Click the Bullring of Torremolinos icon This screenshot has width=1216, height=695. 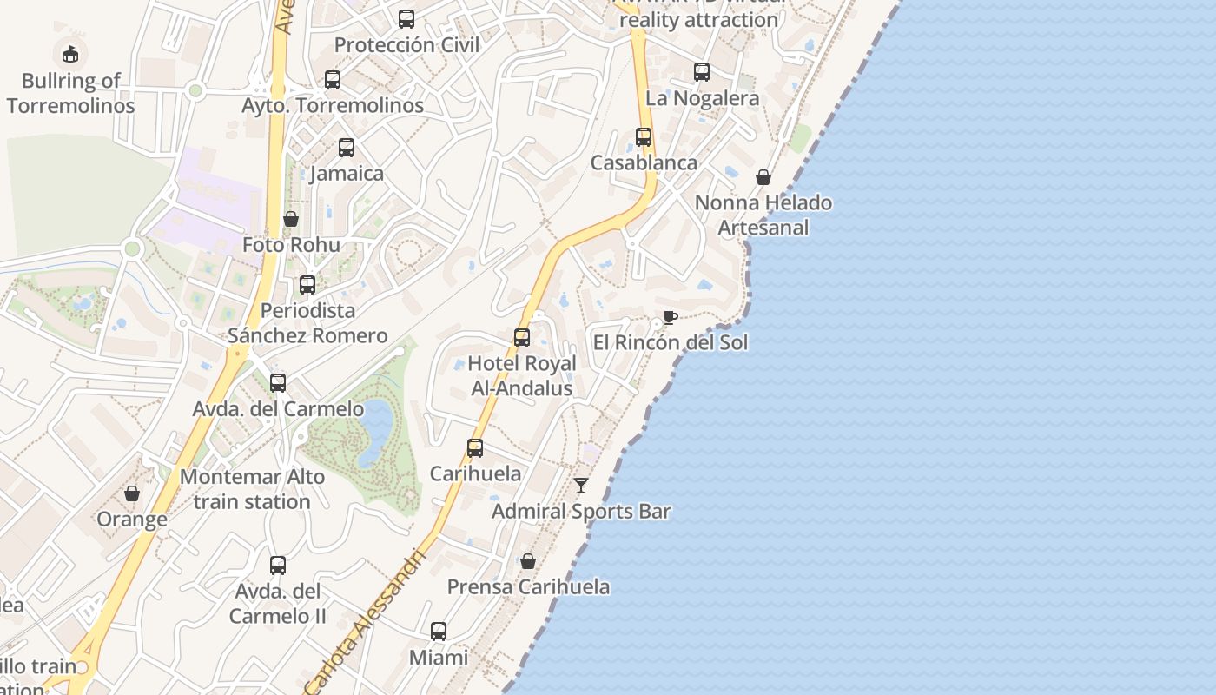click(69, 54)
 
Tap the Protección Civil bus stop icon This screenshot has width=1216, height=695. click(406, 18)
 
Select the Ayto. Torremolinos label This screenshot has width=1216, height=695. click(333, 105)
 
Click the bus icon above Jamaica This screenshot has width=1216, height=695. click(347, 148)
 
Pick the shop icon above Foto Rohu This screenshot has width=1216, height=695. click(291, 219)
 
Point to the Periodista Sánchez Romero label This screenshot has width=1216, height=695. click(307, 323)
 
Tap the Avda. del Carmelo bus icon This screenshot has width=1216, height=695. click(278, 382)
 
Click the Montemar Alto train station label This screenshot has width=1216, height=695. click(252, 489)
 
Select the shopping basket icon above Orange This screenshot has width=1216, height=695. click(132, 493)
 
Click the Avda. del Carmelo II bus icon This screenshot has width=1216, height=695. click(278, 566)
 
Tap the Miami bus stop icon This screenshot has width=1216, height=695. click(439, 632)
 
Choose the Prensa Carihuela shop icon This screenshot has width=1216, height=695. click(528, 561)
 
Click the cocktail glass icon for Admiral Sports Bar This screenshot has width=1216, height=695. click(581, 486)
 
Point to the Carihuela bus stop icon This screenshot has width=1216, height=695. click(475, 448)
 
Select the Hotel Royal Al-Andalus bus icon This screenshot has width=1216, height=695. click(522, 338)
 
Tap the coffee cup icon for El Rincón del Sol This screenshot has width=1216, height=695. click(670, 317)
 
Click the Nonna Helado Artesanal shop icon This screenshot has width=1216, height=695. click(763, 177)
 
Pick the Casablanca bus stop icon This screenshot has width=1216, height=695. click(644, 137)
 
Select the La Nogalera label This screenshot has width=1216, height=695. click(703, 98)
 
